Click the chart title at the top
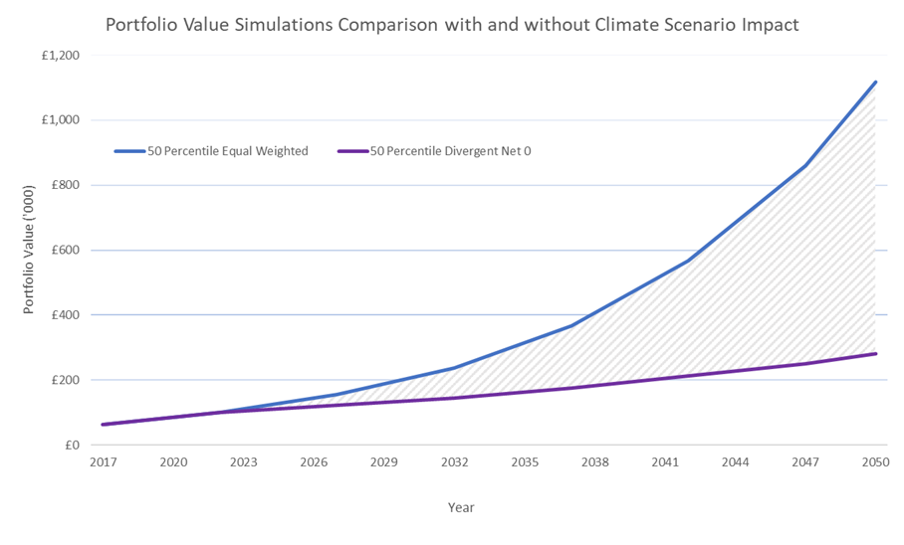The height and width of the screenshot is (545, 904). tap(452, 25)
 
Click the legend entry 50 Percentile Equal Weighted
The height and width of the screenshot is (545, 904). tap(227, 151)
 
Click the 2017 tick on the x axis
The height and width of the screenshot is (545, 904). tap(104, 462)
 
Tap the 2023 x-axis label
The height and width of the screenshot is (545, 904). tap(244, 462)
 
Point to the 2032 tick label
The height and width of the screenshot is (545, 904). tap(454, 462)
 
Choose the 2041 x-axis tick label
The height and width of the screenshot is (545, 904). tap(665, 462)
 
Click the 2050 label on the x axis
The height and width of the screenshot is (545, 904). tap(875, 462)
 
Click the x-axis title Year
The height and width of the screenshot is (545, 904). tap(461, 507)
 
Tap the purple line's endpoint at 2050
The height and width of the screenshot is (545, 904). tap(875, 353)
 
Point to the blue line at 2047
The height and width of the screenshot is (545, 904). tap(805, 165)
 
